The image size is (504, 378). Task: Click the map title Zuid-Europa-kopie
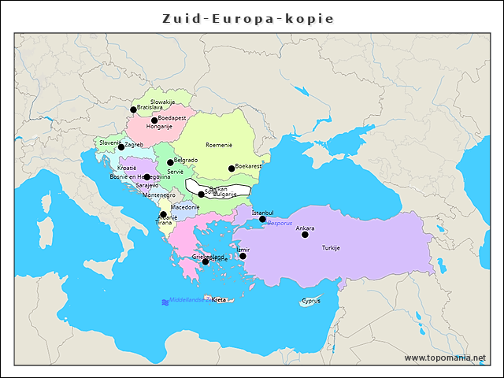pyautogui.click(x=248, y=18)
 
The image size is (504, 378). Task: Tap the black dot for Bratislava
pyautogui.click(x=133, y=110)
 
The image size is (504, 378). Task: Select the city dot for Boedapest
pyautogui.click(x=154, y=120)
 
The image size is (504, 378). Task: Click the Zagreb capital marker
pyautogui.click(x=121, y=147)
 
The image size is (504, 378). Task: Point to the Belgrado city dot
pyautogui.click(x=170, y=162)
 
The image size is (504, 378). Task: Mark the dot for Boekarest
pyautogui.click(x=232, y=169)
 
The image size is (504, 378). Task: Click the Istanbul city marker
pyautogui.click(x=262, y=219)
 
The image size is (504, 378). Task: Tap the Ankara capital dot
pyautogui.click(x=305, y=235)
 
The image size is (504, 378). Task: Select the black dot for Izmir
pyautogui.click(x=243, y=256)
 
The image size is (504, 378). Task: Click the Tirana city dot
pyautogui.click(x=163, y=214)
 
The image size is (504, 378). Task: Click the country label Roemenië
pyautogui.click(x=219, y=145)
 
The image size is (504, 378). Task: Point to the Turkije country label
pyautogui.click(x=331, y=248)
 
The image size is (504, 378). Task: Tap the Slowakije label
pyautogui.click(x=162, y=102)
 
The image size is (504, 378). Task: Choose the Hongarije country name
pyautogui.click(x=159, y=127)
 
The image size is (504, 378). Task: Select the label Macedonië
pyautogui.click(x=185, y=207)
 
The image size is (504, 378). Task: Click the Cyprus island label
pyautogui.click(x=310, y=301)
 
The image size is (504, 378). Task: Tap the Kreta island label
pyautogui.click(x=219, y=300)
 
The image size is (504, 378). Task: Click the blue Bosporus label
pyautogui.click(x=280, y=224)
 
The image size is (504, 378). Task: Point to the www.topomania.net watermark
pyautogui.click(x=445, y=358)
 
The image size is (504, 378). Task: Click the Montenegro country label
pyautogui.click(x=158, y=195)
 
